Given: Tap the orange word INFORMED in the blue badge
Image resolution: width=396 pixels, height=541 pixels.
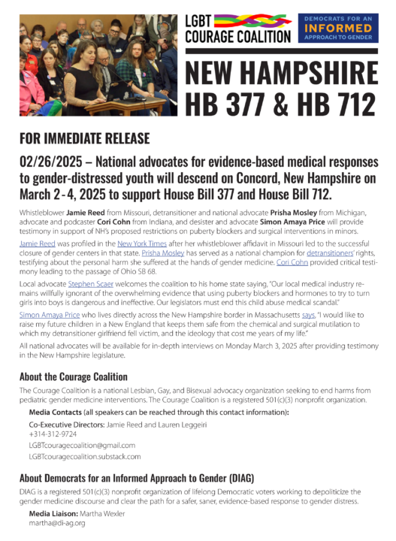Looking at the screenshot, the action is [337, 29].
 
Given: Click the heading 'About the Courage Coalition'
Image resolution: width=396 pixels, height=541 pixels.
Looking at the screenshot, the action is [73, 376].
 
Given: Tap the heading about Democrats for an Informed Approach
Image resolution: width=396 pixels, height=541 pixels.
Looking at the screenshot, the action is [137, 478].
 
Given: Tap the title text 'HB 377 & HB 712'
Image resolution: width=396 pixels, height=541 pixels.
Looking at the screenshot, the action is [281, 102].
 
